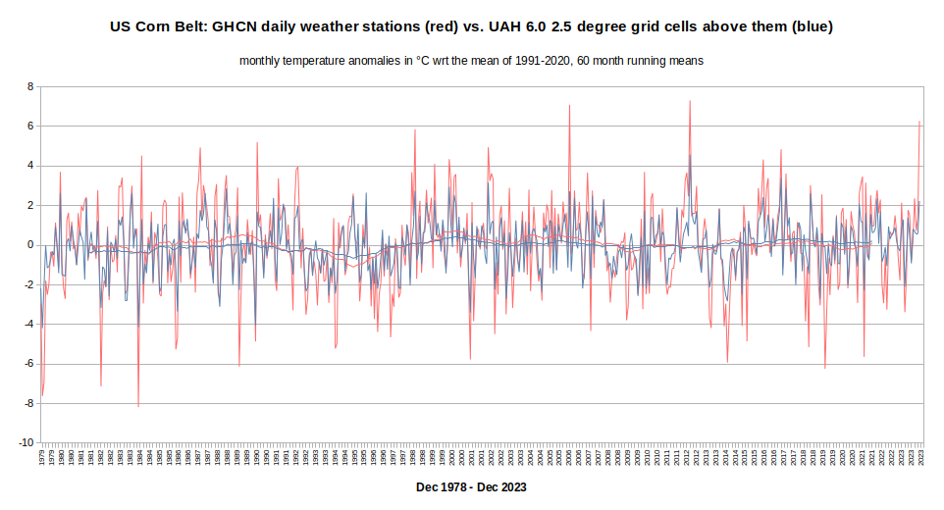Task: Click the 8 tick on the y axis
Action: (30, 86)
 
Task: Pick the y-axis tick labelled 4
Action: (30, 166)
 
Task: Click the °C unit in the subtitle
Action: (423, 61)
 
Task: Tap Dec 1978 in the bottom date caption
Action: (440, 486)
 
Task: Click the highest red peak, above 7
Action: (690, 101)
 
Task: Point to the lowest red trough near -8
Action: (138, 405)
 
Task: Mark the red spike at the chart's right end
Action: (919, 122)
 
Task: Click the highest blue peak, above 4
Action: (689, 155)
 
